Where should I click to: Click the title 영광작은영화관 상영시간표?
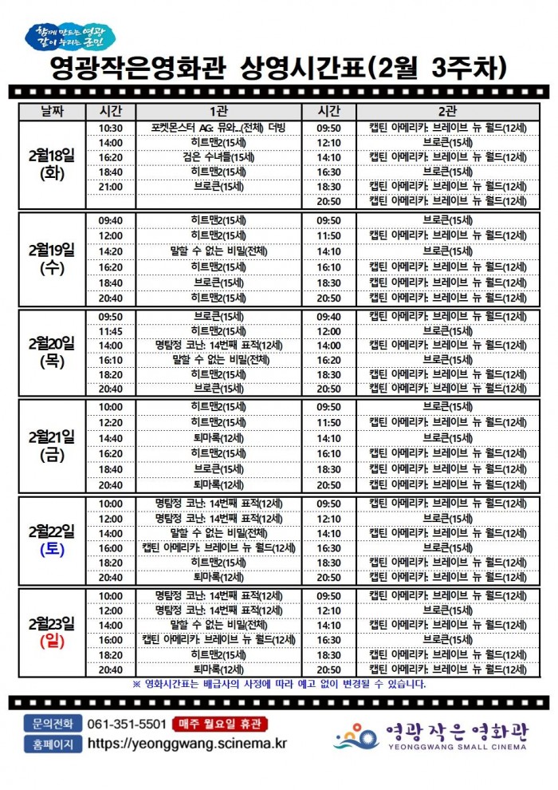tap(279, 67)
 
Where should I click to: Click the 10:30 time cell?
tap(111, 128)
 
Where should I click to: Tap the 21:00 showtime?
tap(111, 187)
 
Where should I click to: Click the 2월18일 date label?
tap(51, 156)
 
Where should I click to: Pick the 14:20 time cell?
tap(111, 251)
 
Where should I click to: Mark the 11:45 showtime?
tap(111, 331)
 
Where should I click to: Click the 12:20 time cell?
tap(111, 422)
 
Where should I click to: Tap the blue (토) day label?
tap(51, 549)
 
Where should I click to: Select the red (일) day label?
tap(51, 641)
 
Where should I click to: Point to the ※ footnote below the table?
tap(279, 684)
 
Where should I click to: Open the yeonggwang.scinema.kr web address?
tap(187, 744)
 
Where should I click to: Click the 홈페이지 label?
tap(53, 744)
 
